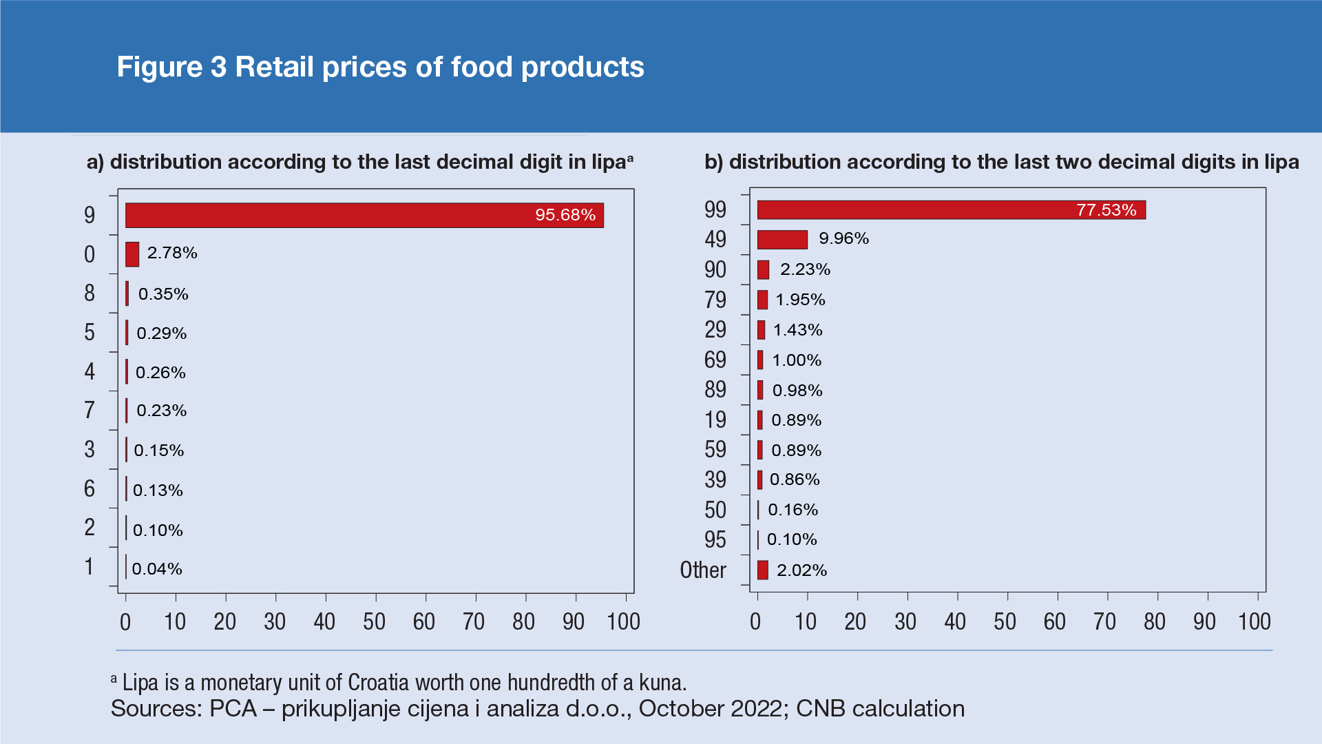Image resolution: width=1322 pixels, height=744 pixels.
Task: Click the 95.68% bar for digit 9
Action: click(x=364, y=215)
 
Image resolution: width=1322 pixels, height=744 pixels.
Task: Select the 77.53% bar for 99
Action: click(x=951, y=210)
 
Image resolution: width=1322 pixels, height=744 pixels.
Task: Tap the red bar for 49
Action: click(x=782, y=240)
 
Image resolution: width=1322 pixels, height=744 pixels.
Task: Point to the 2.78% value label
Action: click(x=172, y=254)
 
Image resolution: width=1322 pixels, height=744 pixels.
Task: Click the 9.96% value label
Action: click(x=843, y=239)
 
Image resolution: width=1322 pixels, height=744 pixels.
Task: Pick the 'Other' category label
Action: click(x=702, y=570)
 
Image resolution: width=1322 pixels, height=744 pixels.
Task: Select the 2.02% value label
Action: click(x=801, y=570)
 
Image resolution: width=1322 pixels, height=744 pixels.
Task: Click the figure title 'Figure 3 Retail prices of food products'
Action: click(x=380, y=67)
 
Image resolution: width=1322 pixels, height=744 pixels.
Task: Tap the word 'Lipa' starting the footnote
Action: click(x=140, y=683)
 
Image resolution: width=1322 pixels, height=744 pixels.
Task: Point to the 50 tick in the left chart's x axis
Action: click(x=375, y=622)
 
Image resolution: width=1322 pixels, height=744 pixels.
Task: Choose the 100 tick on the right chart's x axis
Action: click(x=1254, y=622)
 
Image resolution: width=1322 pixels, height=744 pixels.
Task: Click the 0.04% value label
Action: click(x=157, y=569)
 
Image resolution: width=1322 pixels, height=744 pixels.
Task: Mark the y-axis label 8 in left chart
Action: click(x=90, y=293)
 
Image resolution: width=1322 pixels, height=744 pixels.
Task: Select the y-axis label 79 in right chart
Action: click(x=715, y=300)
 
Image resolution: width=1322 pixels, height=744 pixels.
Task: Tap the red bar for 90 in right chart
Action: click(x=763, y=270)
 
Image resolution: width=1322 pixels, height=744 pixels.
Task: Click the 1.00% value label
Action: click(x=797, y=360)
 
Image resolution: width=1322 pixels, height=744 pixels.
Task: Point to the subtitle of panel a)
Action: click(x=359, y=162)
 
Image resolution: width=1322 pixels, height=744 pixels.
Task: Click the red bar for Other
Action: click(x=762, y=570)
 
